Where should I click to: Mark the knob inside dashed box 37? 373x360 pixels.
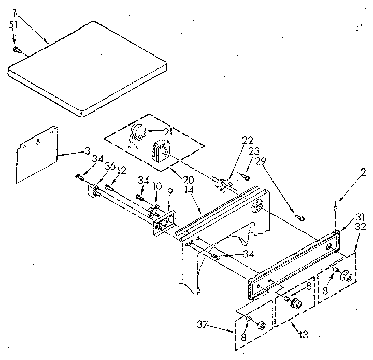pos(261,325)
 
